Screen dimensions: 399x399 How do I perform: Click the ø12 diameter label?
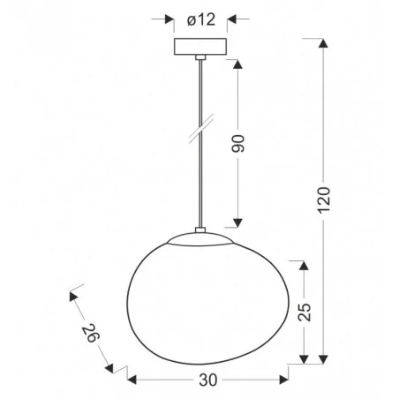[x=201, y=19]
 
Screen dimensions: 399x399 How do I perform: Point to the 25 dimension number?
[x=305, y=312]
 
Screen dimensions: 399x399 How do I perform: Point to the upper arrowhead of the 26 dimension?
[x=74, y=292]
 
